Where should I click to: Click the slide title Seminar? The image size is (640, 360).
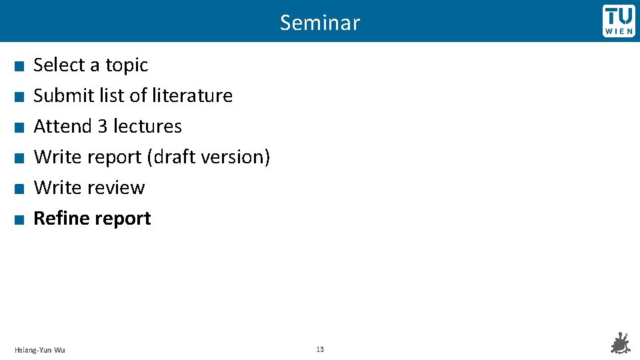pyautogui.click(x=320, y=23)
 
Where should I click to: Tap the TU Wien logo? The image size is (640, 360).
pyautogui.click(x=619, y=21)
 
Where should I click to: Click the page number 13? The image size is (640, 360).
pyautogui.click(x=320, y=349)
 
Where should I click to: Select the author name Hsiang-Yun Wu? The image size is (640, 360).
pyautogui.click(x=40, y=350)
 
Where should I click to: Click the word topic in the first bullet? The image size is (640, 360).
pyautogui.click(x=127, y=65)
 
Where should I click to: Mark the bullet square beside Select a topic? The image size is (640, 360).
pyautogui.click(x=20, y=66)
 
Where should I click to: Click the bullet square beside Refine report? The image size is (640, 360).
pyautogui.click(x=20, y=219)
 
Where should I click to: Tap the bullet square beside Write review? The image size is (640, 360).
pyautogui.click(x=20, y=189)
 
